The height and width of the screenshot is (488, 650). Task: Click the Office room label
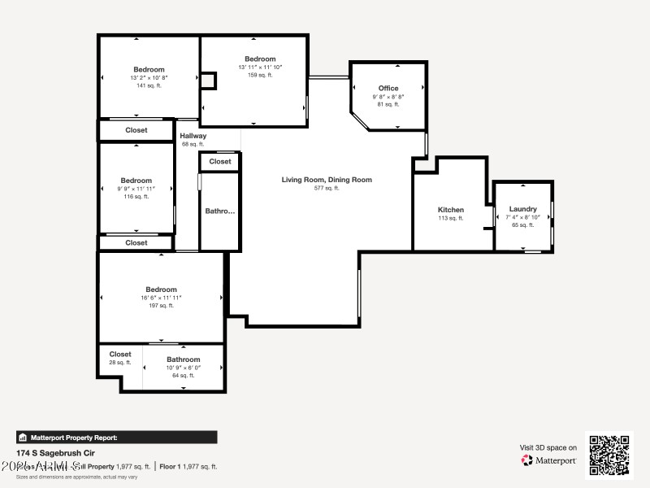(x=388, y=88)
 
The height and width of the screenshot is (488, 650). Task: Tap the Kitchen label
(x=451, y=210)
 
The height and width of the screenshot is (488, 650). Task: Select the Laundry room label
(x=523, y=209)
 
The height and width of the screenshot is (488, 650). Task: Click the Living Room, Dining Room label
(x=327, y=180)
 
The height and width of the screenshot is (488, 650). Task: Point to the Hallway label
(x=193, y=136)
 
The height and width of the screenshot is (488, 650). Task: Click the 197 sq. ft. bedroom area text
(x=161, y=306)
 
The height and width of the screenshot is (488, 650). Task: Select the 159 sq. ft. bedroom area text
(x=260, y=76)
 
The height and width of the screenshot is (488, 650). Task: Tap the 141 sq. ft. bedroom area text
(x=149, y=85)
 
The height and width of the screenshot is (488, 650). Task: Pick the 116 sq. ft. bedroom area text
(x=136, y=197)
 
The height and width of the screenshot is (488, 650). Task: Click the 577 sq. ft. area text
(x=327, y=188)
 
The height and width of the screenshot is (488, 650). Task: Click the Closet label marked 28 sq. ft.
(x=120, y=354)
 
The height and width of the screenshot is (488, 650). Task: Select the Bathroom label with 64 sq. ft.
(x=183, y=359)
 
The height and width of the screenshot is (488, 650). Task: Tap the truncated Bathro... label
(x=219, y=211)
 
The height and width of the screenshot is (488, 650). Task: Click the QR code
(x=609, y=455)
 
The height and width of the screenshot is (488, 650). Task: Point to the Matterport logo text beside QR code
(x=549, y=460)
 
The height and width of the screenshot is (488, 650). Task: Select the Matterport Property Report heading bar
(x=116, y=437)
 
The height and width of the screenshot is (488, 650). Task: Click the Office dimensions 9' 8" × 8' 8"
(x=388, y=96)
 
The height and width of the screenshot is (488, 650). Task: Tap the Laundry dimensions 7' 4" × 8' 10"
(x=523, y=217)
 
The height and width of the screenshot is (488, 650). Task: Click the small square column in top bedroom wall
(x=209, y=81)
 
